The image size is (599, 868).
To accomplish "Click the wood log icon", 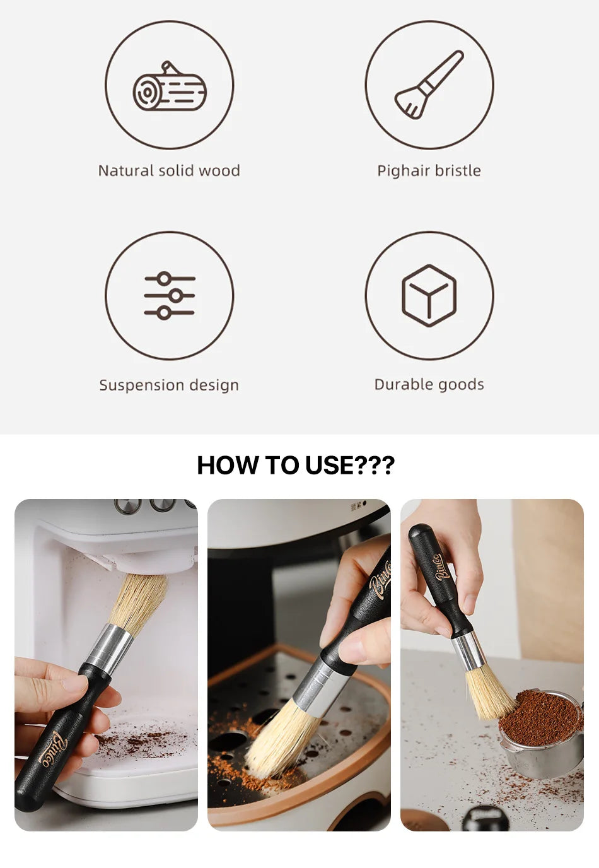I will coord(169,87).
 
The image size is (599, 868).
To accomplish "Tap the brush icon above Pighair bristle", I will coord(429,85).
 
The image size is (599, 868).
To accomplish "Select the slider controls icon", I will coord(169,295).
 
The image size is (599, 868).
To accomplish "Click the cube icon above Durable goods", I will coord(429,295).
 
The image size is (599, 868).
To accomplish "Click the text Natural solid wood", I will coord(169,170).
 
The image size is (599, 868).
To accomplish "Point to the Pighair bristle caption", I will coord(429,170).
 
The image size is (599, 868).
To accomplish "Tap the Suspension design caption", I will coord(169,385).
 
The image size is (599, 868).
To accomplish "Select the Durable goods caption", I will coord(429,384).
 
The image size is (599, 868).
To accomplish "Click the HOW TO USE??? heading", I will coord(296,466).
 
